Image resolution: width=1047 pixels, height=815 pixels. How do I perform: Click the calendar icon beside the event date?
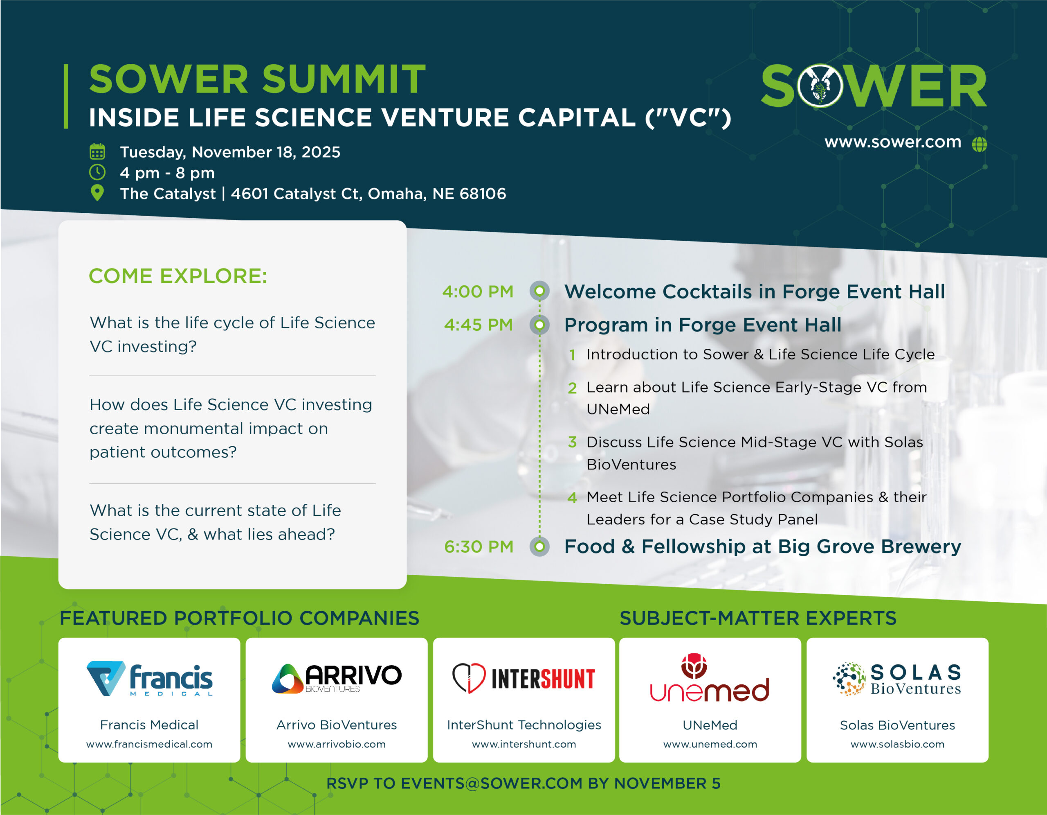coord(97,151)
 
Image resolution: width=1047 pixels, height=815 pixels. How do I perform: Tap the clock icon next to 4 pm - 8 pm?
coord(97,172)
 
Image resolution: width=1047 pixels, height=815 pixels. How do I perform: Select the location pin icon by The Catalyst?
coord(97,193)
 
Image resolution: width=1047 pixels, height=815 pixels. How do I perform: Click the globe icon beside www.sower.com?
coord(980,144)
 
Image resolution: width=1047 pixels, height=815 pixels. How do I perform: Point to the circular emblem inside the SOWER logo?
coord(820,86)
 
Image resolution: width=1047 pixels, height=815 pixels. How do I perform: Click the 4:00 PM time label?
coord(477,291)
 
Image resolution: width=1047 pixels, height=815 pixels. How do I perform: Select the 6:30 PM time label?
coord(479,547)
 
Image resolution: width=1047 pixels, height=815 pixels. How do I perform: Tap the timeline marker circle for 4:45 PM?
coord(539,325)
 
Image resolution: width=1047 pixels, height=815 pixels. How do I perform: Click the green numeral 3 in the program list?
coord(572,442)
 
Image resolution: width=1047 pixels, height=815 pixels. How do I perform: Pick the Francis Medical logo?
coord(150,679)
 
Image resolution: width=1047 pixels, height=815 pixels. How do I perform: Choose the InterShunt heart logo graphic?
coord(469,678)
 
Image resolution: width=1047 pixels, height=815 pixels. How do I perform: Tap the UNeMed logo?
coord(710,677)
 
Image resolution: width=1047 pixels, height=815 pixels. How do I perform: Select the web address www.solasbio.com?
coord(897,744)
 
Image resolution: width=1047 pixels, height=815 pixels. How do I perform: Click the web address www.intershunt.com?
coord(524,744)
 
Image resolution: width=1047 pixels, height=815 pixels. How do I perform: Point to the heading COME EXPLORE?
coord(178,276)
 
